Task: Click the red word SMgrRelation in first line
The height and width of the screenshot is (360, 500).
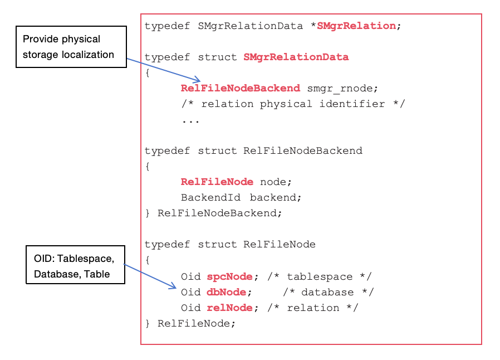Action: (356, 26)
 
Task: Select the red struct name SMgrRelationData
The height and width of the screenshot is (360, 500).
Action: (296, 57)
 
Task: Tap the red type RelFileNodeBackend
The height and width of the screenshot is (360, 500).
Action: (241, 88)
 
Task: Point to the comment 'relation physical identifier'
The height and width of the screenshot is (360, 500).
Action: (293, 104)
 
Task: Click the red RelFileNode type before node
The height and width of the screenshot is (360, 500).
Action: (217, 182)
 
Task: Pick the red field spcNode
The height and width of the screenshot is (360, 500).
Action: (230, 276)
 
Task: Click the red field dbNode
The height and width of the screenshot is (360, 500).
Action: (227, 292)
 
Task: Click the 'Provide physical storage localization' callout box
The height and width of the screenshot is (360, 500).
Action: (71, 47)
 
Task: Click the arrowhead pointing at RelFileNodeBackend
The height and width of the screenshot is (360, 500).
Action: (197, 81)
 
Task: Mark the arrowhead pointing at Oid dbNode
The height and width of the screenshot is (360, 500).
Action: (173, 286)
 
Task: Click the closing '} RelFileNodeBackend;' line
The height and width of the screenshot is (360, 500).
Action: (214, 213)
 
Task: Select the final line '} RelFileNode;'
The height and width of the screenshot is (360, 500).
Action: (190, 323)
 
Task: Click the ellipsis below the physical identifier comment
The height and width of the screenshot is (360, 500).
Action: (190, 119)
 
